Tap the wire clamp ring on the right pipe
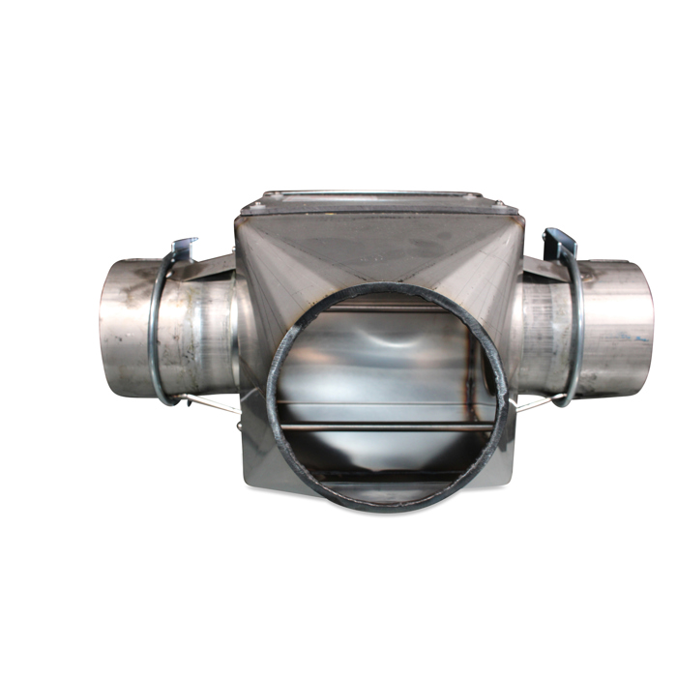[x=576, y=329]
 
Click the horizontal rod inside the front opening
[x=387, y=423]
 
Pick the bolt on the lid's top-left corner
[x=274, y=197]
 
